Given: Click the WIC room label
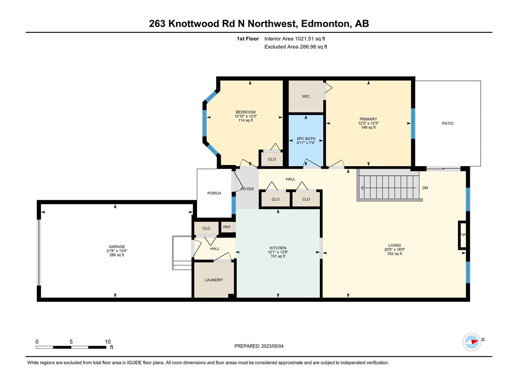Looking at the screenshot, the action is [x=306, y=96].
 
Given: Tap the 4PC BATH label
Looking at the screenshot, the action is [x=306, y=139].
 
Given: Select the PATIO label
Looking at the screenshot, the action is [x=448, y=124].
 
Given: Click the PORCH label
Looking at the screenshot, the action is [x=214, y=193].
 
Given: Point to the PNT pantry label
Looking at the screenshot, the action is [x=227, y=227].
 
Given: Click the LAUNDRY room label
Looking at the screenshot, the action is [x=214, y=280].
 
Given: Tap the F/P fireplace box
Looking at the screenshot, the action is [x=463, y=235].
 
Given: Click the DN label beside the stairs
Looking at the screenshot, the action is [x=425, y=188].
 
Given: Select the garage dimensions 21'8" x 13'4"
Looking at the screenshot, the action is [x=117, y=251].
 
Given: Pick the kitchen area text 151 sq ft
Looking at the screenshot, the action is [x=278, y=256].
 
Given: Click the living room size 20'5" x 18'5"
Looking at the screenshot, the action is [x=395, y=250].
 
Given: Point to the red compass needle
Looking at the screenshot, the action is [x=474, y=341].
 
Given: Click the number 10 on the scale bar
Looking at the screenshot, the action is [x=107, y=341].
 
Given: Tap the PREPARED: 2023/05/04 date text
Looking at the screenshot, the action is [x=259, y=346].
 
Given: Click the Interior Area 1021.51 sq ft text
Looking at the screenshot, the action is [x=295, y=39].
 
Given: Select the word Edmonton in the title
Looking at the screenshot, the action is [x=325, y=24].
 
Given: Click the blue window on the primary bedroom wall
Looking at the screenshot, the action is [x=413, y=124].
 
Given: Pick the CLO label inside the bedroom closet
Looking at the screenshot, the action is [x=272, y=159].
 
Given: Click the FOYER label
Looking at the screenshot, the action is [x=247, y=189].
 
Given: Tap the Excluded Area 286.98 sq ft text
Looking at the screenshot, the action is [x=296, y=47].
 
